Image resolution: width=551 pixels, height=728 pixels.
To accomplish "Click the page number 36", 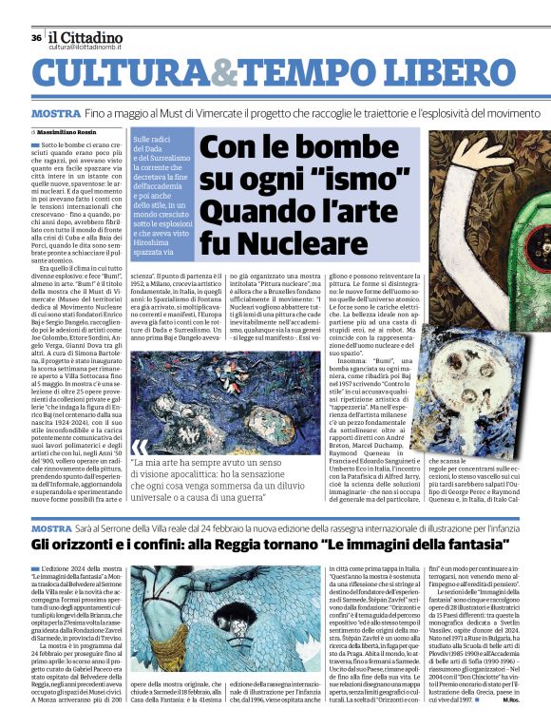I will click(36, 37).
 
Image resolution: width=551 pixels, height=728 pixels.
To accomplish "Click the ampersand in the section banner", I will click(220, 72).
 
